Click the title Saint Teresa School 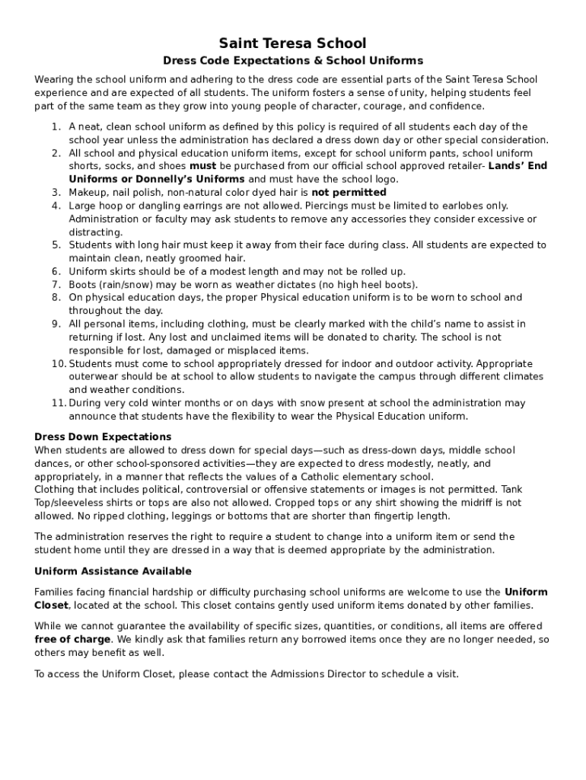click(x=293, y=43)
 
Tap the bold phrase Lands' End click(x=518, y=166)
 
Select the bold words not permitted click(x=349, y=193)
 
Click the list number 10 click(x=59, y=364)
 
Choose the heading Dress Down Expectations click(x=103, y=437)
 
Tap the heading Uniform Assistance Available click(x=113, y=571)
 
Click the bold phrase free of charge click(x=73, y=640)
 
